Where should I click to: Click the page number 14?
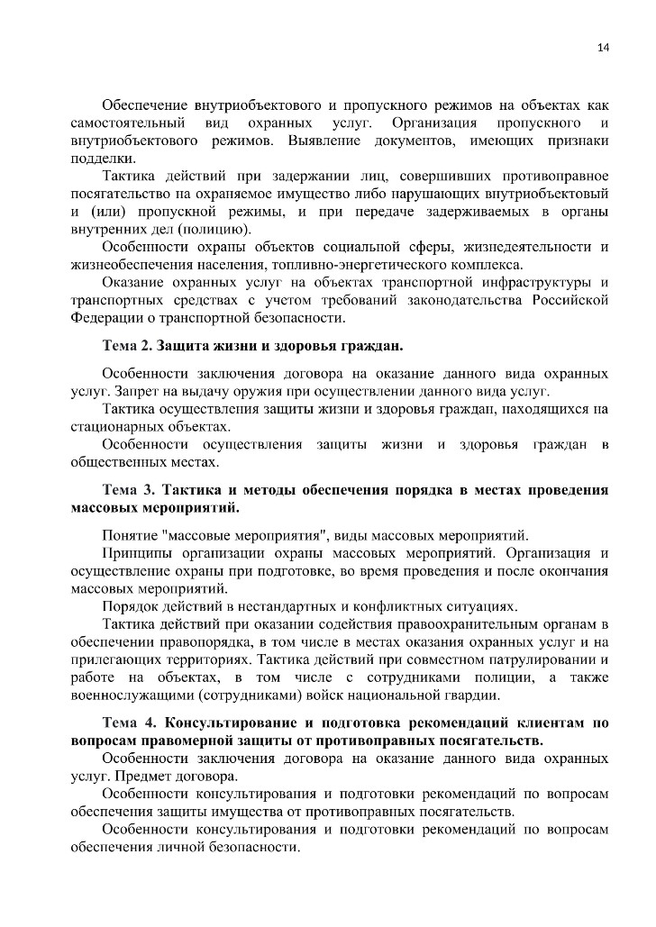(604, 48)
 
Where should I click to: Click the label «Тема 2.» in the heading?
(129, 346)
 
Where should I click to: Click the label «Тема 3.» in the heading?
(129, 491)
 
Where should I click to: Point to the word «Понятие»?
(131, 535)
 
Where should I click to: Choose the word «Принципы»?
(137, 553)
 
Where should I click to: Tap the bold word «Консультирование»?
(234, 723)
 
